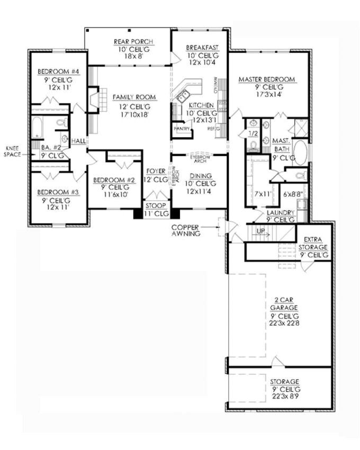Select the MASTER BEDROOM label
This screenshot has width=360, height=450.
click(266, 80)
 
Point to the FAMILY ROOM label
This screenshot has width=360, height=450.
click(134, 97)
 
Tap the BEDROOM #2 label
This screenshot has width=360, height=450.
click(114, 181)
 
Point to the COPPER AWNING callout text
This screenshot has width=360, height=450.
click(185, 231)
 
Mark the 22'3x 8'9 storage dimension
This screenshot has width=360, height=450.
click(284, 397)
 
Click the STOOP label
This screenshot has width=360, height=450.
click(157, 205)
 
